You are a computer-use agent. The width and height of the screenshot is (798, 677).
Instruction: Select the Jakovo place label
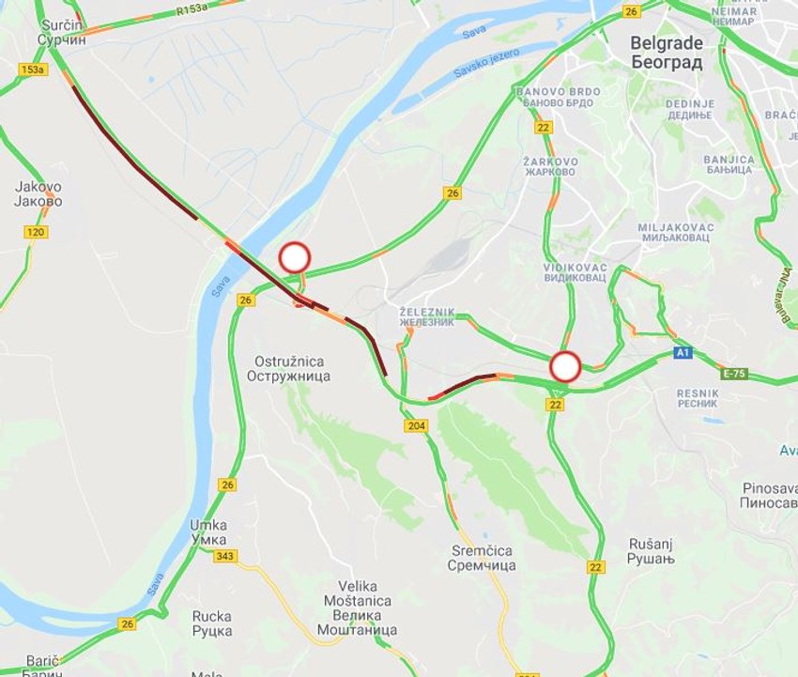[38, 193]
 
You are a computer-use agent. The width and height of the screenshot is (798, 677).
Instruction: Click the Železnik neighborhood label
[427, 316]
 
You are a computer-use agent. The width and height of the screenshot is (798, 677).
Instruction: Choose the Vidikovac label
[575, 273]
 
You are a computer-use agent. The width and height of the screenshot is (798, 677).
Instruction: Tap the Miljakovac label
[676, 234]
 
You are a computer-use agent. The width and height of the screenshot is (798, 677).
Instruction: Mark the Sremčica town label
[481, 558]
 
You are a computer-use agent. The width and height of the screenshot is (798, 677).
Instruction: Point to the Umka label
[208, 531]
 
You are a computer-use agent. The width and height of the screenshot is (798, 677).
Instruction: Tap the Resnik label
[698, 397]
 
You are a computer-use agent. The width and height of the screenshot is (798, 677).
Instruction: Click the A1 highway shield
[683, 353]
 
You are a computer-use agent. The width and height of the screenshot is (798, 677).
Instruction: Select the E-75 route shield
[733, 374]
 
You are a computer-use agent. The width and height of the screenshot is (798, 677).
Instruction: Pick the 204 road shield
[417, 426]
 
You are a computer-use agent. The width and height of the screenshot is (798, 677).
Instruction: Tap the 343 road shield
[224, 556]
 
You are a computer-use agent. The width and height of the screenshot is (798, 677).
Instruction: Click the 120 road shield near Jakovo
[37, 231]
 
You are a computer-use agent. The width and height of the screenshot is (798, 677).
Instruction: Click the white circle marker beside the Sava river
[295, 257]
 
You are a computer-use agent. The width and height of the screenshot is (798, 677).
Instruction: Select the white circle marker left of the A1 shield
[565, 365]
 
